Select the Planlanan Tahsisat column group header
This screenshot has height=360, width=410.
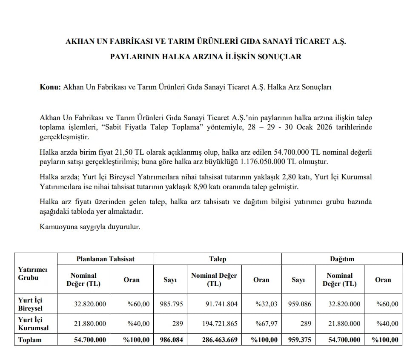pos(105,259)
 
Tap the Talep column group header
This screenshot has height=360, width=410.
pos(217,259)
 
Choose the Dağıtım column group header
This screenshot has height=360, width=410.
pos(342,259)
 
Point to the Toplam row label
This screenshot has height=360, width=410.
pos(30,340)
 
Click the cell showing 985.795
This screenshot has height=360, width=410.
pos(170,304)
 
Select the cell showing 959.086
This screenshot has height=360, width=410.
pos(298,304)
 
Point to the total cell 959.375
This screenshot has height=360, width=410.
pos(298,340)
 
